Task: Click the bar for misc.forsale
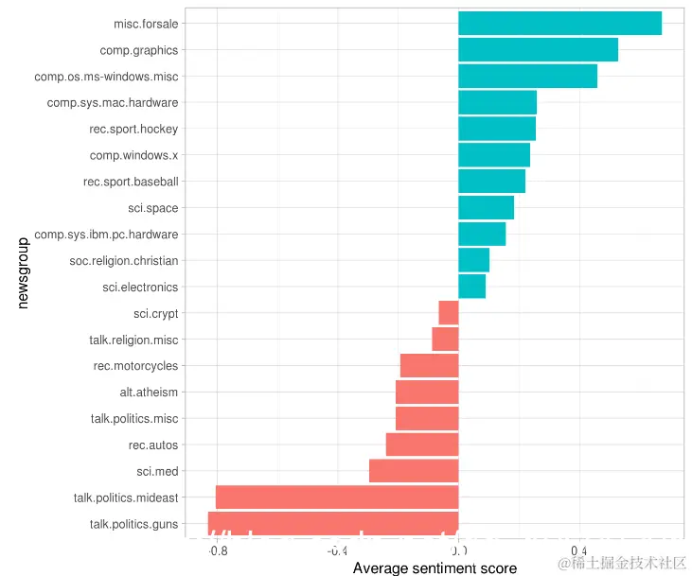pyautogui.click(x=559, y=24)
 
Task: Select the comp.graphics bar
pyautogui.click(x=538, y=50)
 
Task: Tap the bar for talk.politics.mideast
pyautogui.click(x=337, y=497)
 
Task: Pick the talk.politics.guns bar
pyautogui.click(x=333, y=523)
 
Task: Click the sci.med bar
pyautogui.click(x=414, y=471)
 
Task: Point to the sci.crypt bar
pyautogui.click(x=449, y=313)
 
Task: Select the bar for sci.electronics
pyautogui.click(x=471, y=287)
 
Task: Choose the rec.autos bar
pyautogui.click(x=422, y=445)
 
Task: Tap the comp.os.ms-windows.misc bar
pyautogui.click(x=527, y=77)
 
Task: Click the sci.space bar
pyautogui.click(x=486, y=208)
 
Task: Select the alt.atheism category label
pyautogui.click(x=149, y=393)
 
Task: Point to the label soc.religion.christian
pyautogui.click(x=124, y=261)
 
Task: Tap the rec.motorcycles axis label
pyautogui.click(x=135, y=366)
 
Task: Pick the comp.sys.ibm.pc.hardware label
pyautogui.click(x=106, y=235)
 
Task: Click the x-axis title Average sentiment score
pyautogui.click(x=435, y=567)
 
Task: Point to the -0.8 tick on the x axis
pyautogui.click(x=217, y=550)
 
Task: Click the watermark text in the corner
pyautogui.click(x=621, y=563)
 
